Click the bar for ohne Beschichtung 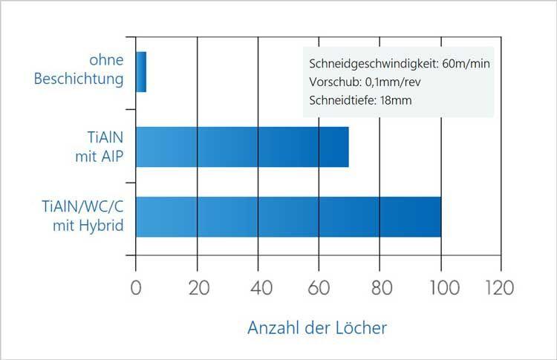click(x=141, y=72)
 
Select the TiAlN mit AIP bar click(x=242, y=147)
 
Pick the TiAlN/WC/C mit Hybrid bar click(x=288, y=217)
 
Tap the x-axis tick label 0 click(x=136, y=287)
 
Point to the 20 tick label click(x=197, y=287)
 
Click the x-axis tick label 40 click(x=258, y=287)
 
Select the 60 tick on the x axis click(x=319, y=287)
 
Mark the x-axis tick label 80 click(x=380, y=287)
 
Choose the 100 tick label click(x=440, y=287)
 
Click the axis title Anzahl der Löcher click(x=317, y=327)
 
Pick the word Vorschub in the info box click(x=330, y=82)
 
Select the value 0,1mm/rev click(x=388, y=82)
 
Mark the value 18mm click(x=394, y=100)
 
